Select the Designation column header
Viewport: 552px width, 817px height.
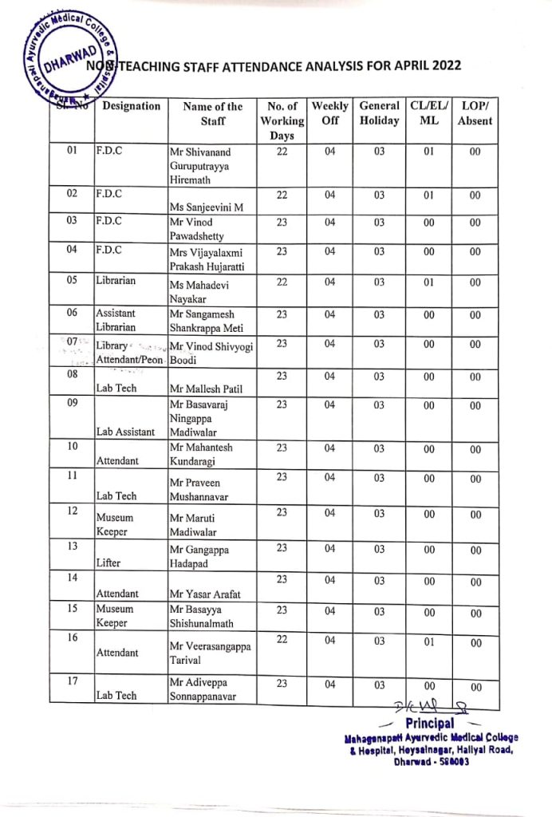[x=132, y=106]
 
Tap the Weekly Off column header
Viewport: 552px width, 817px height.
[x=329, y=113]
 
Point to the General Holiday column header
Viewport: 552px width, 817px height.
[x=379, y=113]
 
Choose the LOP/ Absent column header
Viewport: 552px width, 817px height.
[x=475, y=113]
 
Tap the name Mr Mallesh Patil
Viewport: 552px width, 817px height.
[x=204, y=389]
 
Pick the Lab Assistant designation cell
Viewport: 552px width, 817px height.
[x=125, y=432]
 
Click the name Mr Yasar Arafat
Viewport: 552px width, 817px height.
[x=204, y=594]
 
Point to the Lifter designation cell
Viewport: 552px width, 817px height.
[x=109, y=562]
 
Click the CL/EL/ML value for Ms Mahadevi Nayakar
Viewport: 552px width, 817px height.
[x=428, y=282]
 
